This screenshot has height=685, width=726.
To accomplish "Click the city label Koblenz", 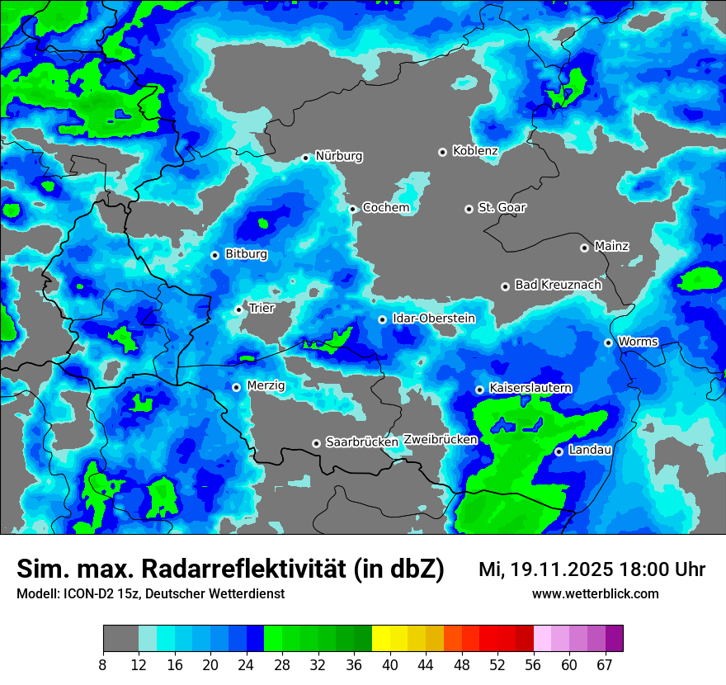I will [x=475, y=151].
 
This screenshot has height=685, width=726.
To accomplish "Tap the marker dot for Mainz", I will [x=584, y=248].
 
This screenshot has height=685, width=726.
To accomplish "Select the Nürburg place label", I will [x=338, y=156].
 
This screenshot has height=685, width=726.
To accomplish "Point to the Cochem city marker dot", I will [x=352, y=209].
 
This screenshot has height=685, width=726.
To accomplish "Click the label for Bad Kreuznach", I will [x=558, y=285].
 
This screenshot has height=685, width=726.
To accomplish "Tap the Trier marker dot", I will [x=238, y=309].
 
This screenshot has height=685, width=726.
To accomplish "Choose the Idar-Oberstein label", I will [x=433, y=319].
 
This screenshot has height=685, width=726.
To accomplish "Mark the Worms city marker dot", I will [x=608, y=342].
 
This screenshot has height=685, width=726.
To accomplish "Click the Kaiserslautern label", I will [x=530, y=388].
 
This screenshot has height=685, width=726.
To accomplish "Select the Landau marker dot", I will [x=559, y=451].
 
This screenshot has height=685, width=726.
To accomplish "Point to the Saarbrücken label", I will [x=361, y=442].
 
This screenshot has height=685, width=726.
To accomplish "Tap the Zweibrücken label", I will [x=440, y=440].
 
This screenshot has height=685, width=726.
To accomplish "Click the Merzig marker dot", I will [x=236, y=387].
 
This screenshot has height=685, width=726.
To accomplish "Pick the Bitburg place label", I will [x=246, y=254].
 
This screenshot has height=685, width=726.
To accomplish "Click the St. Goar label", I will [x=502, y=208].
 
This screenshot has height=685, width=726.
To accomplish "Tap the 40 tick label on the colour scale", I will [x=390, y=664].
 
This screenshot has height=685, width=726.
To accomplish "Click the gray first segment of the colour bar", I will [x=120, y=639].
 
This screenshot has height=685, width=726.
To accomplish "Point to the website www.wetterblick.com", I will [x=595, y=594].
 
